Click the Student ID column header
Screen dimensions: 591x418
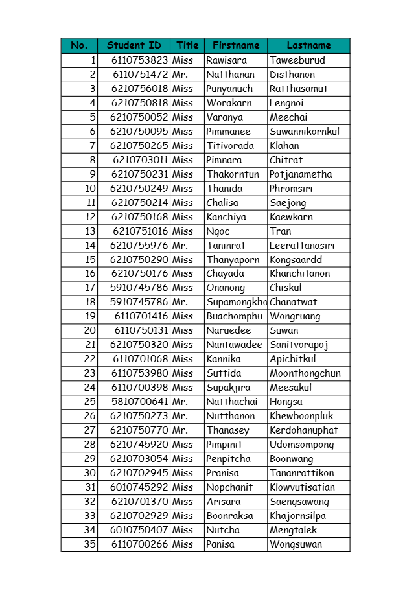(x=134, y=45)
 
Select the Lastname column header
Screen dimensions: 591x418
(x=308, y=45)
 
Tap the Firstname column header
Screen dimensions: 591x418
(x=236, y=45)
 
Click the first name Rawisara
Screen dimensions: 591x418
(x=226, y=60)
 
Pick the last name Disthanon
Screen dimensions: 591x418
(x=292, y=75)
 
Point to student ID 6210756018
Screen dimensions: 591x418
(x=139, y=89)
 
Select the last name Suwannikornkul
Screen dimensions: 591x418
(x=305, y=132)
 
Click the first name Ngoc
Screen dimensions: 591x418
(x=218, y=231)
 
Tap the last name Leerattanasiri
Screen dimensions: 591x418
(x=302, y=246)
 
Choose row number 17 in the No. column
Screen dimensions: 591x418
(x=90, y=288)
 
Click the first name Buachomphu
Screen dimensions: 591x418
(x=235, y=316)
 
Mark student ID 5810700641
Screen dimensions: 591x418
(x=139, y=402)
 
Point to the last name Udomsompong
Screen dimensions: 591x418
(x=302, y=445)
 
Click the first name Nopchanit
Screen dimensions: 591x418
(x=229, y=487)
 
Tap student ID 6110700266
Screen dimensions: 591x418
(x=139, y=544)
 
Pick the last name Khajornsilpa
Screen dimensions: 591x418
(x=298, y=516)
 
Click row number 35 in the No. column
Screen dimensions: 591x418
(x=89, y=544)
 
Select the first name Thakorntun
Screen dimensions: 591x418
(x=233, y=174)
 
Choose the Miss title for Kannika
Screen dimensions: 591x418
(x=183, y=359)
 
